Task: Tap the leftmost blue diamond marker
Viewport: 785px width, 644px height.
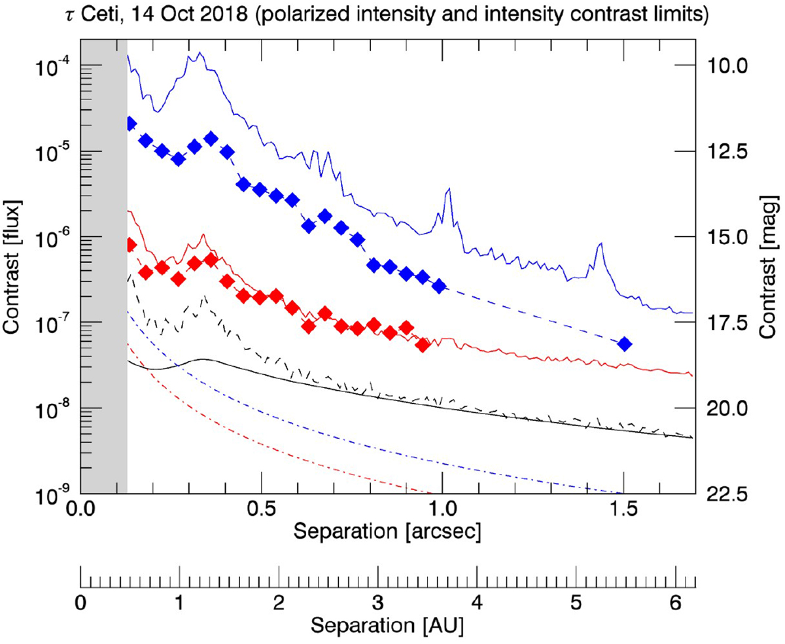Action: pyautogui.click(x=130, y=124)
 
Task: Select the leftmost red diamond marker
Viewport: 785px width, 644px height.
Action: pyautogui.click(x=130, y=245)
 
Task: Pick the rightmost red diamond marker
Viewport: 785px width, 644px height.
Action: pyautogui.click(x=423, y=345)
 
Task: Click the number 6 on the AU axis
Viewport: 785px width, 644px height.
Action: pyautogui.click(x=676, y=600)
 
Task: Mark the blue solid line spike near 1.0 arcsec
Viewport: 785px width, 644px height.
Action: pyautogui.click(x=448, y=190)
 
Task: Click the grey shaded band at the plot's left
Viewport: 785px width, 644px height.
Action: pyautogui.click(x=103, y=262)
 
